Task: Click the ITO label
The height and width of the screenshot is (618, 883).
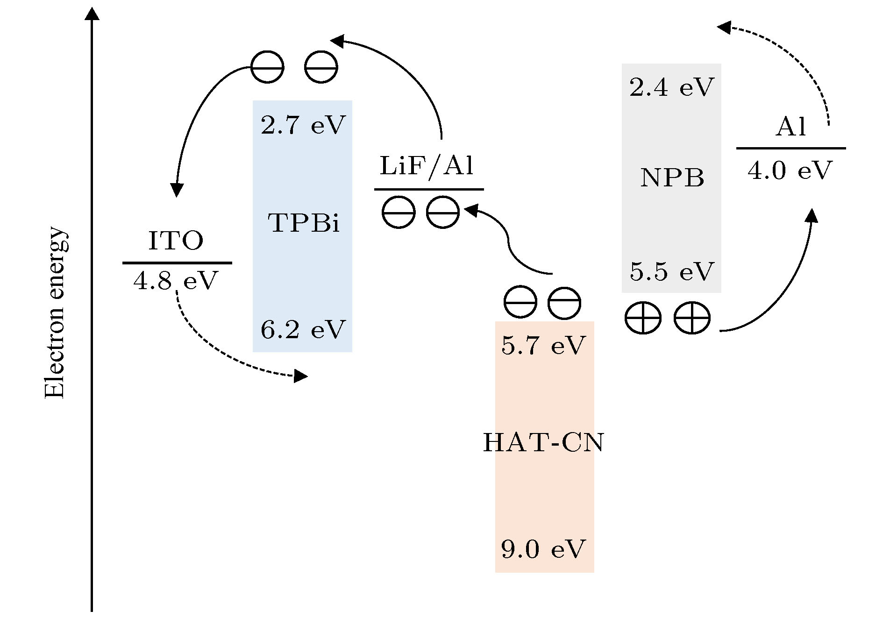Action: point(176,241)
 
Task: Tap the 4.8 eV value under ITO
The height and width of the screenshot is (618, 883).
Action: point(176,281)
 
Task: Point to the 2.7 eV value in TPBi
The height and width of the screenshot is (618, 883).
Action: point(303,125)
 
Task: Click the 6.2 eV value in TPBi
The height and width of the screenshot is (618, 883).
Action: point(303,329)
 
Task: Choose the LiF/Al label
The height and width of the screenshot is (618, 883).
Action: point(427,166)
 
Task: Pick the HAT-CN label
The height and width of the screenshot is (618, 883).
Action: point(544,442)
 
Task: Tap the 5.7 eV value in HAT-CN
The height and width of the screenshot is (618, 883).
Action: point(543,346)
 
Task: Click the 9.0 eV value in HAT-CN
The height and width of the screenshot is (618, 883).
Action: point(543,549)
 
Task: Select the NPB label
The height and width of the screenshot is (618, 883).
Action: point(672,178)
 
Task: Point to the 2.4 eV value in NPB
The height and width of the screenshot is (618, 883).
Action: point(672,87)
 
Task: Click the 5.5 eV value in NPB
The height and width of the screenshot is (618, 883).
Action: point(672,271)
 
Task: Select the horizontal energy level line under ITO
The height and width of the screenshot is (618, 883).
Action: point(177,263)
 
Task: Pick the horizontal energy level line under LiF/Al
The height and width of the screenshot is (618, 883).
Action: point(429,189)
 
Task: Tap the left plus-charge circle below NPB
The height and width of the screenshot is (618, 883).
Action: point(643,318)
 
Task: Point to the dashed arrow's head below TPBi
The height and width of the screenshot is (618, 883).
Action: point(300,376)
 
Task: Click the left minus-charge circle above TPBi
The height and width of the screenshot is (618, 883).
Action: point(267,67)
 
